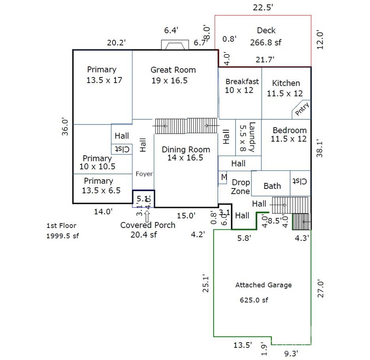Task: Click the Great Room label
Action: click(173, 70)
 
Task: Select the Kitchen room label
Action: click(286, 83)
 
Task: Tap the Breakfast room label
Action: click(242, 81)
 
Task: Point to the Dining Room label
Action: click(186, 149)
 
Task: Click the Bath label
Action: click(272, 186)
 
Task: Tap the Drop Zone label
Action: click(240, 187)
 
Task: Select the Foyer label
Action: click(144, 174)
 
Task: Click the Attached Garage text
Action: click(263, 285)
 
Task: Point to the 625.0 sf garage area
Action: click(254, 300)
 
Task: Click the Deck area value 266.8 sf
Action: click(266, 42)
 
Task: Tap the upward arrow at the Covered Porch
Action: click(147, 216)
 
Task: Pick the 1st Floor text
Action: click(61, 226)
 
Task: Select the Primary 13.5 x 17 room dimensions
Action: click(104, 80)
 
